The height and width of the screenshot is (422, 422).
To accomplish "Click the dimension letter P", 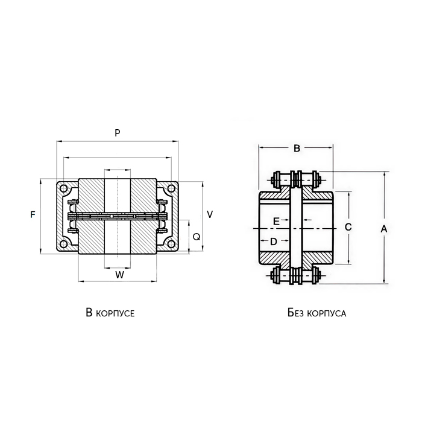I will (x=118, y=133).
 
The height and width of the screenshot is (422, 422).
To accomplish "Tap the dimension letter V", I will (x=209, y=214).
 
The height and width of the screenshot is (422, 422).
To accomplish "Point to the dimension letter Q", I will (x=196, y=237).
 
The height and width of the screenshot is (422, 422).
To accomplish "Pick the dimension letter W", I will (x=119, y=275).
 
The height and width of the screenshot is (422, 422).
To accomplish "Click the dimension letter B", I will (x=296, y=148).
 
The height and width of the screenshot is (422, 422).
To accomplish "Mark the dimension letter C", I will (x=348, y=226).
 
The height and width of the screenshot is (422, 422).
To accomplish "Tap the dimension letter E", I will (x=276, y=221).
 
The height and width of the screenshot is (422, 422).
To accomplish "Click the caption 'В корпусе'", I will (x=110, y=313).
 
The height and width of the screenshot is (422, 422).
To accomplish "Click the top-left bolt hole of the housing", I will (x=63, y=189).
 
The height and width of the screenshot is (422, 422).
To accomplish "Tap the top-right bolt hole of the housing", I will (x=172, y=189).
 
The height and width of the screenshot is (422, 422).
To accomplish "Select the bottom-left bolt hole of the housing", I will (x=63, y=244).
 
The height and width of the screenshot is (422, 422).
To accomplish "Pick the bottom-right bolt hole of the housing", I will (x=172, y=244).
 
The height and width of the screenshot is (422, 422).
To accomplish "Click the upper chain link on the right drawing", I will (x=296, y=179).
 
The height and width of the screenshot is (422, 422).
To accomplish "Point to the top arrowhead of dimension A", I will (x=383, y=174).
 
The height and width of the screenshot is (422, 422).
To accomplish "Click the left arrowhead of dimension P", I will (x=58, y=141).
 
